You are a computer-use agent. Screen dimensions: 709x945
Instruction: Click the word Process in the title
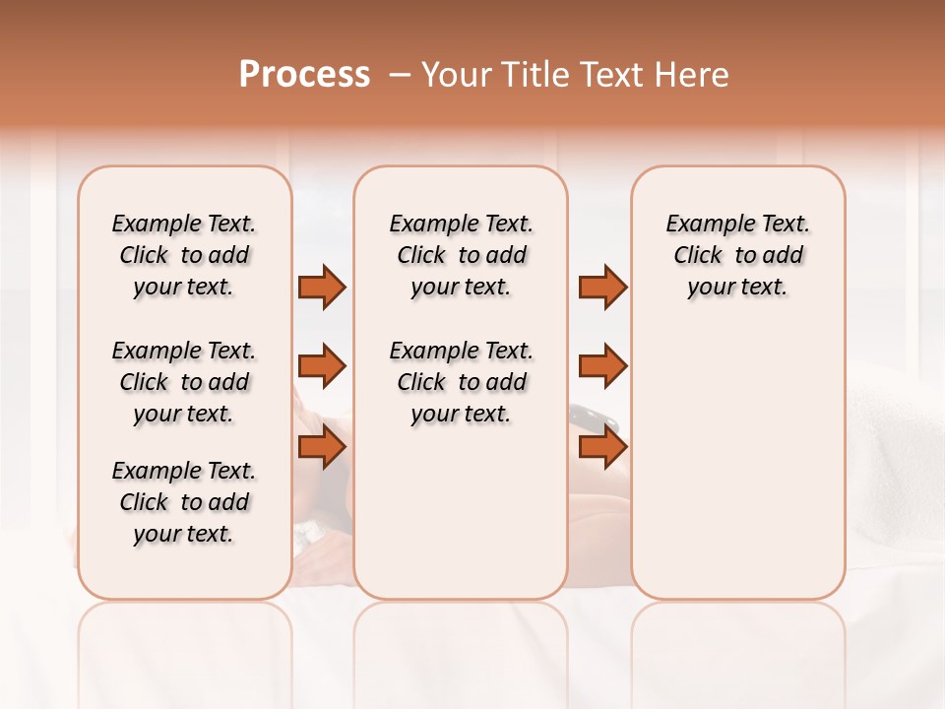[x=304, y=75]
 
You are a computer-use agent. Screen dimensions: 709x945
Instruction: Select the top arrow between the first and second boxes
[x=322, y=287]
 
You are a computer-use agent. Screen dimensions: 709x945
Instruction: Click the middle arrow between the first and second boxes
[x=322, y=366]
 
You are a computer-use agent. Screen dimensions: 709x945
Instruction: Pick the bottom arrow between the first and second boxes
[x=322, y=447]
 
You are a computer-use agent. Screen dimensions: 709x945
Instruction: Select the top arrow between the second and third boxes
[x=602, y=287]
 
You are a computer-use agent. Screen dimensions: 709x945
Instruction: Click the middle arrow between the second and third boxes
[x=602, y=366]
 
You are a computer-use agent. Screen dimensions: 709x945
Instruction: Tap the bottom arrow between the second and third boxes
[x=602, y=447]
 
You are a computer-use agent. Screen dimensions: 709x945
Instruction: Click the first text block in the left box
[x=184, y=255]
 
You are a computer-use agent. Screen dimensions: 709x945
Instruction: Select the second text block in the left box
[x=184, y=382]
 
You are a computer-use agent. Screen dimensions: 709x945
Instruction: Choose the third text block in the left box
[x=184, y=502]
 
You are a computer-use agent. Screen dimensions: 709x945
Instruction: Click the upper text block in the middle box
[x=461, y=255]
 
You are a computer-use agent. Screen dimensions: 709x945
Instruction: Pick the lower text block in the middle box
[x=461, y=382]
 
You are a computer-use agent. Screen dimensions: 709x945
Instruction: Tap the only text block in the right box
[x=737, y=255]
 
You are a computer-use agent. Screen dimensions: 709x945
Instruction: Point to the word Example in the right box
[x=701, y=225]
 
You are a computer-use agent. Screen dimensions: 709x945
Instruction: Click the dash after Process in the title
[x=399, y=75]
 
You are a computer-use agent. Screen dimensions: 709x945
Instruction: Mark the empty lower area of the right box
[x=737, y=463]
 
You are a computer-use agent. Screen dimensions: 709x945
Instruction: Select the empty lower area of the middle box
[x=461, y=512]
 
